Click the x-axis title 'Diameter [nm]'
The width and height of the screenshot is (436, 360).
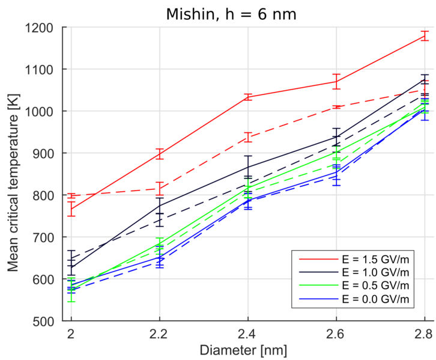247,349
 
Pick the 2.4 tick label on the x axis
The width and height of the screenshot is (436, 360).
247,332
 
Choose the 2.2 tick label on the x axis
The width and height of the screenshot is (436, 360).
159,332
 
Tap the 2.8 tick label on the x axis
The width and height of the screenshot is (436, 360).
424,332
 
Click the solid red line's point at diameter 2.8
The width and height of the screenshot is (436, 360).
425,35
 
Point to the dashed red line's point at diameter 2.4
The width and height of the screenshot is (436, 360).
248,138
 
